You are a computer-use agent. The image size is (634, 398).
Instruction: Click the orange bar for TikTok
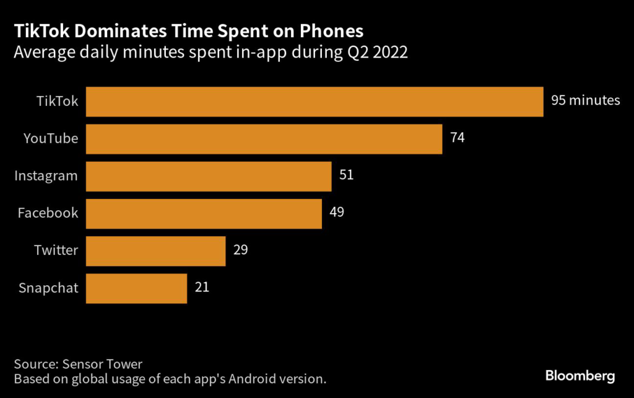coord(315,102)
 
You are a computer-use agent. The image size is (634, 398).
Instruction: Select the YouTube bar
coord(264,139)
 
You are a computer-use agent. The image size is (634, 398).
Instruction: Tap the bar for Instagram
coord(209,176)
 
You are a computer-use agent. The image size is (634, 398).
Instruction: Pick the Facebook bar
coord(204,213)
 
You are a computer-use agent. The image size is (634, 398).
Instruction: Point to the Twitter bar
coord(155,250)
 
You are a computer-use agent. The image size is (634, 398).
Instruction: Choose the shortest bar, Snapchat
coord(136,288)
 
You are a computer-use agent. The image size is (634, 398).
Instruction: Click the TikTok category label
coord(58,101)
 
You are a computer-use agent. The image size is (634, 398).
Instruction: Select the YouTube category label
coord(51,138)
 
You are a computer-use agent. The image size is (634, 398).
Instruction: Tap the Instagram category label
coord(46,175)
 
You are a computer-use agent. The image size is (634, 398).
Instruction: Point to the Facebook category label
coord(48,213)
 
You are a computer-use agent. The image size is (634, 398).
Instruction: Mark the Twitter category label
coord(56,250)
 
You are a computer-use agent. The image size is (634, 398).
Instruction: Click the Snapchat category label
coord(48,288)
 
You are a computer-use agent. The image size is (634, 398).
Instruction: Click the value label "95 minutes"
coord(585,100)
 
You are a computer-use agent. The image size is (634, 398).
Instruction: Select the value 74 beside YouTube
coord(458,138)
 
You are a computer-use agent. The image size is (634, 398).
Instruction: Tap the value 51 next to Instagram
coord(346,175)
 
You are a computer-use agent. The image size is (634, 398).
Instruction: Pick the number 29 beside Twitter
coord(240,249)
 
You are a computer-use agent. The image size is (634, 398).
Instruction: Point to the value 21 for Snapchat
coord(202,287)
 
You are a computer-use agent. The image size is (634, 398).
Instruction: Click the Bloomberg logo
coord(580,376)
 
